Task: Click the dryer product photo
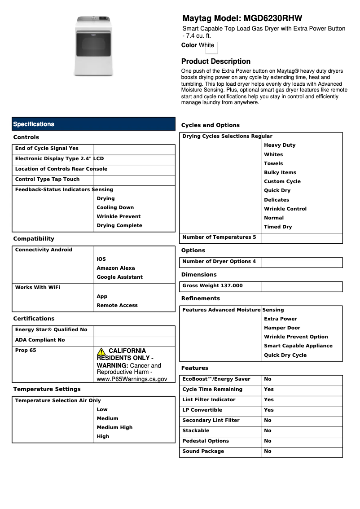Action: coord(94,45)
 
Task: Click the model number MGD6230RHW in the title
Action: coord(273,18)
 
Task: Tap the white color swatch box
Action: coord(211,48)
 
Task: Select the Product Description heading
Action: coord(216,61)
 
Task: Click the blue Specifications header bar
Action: coord(93,124)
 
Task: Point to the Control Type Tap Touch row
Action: coord(47,180)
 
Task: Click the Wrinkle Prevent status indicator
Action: coord(119,216)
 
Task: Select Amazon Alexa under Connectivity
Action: coord(116,268)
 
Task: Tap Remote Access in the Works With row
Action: coord(117,305)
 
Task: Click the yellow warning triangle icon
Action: coord(101,351)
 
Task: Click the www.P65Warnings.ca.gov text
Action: coord(132,379)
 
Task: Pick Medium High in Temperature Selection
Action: coord(114,427)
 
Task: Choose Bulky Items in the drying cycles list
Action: coord(280,172)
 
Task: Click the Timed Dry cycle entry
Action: coord(278,227)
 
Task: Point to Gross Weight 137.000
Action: coord(212,286)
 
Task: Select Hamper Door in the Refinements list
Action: coord(282,328)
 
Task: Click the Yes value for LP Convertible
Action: coord(268,410)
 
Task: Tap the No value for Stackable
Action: coord(268,430)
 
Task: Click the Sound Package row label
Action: coord(203,451)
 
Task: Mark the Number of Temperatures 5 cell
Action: coord(219,237)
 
